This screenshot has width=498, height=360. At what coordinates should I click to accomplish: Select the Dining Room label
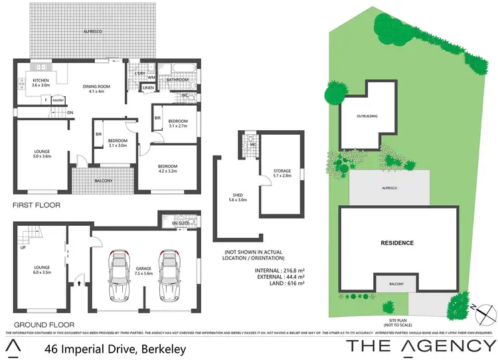pyautogui.click(x=96, y=88)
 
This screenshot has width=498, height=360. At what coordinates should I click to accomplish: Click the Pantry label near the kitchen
pyautogui.click(x=58, y=100)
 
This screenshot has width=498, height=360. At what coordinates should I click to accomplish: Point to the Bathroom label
pyautogui.click(x=177, y=80)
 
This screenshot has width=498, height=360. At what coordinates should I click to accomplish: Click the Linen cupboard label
pyautogui.click(x=148, y=88)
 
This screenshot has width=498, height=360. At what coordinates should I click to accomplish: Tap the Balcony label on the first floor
pyautogui.click(x=103, y=181)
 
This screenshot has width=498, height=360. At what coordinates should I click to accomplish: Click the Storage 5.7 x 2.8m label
pyautogui.click(x=282, y=173)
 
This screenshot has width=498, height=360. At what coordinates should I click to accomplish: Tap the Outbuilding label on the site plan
pyautogui.click(x=367, y=116)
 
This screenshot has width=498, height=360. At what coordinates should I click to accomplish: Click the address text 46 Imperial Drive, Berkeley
pyautogui.click(x=116, y=348)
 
